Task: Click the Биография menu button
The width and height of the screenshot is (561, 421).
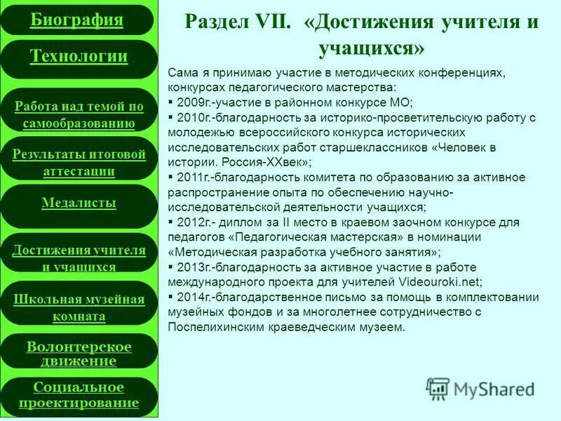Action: pyautogui.click(x=77, y=20)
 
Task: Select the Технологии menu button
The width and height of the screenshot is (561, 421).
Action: pyautogui.click(x=79, y=57)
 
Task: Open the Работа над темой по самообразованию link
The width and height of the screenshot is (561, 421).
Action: pyautogui.click(x=79, y=115)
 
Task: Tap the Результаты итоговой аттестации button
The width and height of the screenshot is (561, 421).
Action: pyautogui.click(x=79, y=162)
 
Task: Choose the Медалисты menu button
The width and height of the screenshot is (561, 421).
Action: pyautogui.click(x=79, y=203)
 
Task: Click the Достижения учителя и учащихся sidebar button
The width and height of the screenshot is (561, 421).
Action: pyautogui.click(x=79, y=258)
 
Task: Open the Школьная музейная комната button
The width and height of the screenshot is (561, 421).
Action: pyautogui.click(x=79, y=307)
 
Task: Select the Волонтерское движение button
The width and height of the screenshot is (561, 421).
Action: pyautogui.click(x=79, y=354)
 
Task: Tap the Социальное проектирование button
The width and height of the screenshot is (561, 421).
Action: pyautogui.click(x=79, y=395)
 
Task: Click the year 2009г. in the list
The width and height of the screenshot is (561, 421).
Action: pyautogui.click(x=196, y=102)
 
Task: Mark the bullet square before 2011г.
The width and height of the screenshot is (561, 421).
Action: pyautogui.click(x=172, y=178)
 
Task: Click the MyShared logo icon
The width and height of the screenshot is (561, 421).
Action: pyautogui.click(x=438, y=389)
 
